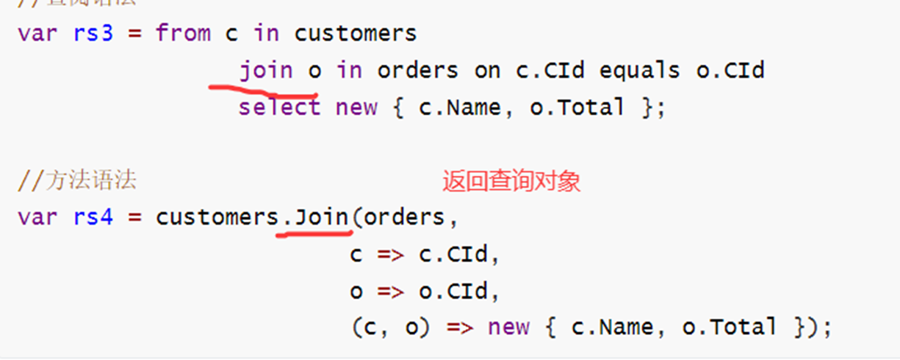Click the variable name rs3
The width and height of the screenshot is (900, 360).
pyautogui.click(x=93, y=34)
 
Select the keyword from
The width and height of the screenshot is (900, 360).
pyautogui.click(x=183, y=34)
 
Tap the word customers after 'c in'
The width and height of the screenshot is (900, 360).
pyautogui.click(x=355, y=34)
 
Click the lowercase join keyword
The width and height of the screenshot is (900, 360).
pyautogui.click(x=266, y=71)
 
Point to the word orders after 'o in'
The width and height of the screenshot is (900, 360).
pyautogui.click(x=417, y=71)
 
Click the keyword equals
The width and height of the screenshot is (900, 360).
pyautogui.click(x=639, y=71)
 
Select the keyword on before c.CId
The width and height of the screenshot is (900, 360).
pyautogui.click(x=487, y=71)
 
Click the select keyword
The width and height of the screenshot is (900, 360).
pyautogui.click(x=280, y=107)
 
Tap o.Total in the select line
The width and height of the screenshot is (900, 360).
pyautogui.click(x=577, y=107)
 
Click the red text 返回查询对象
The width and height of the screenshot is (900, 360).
pyautogui.click(x=511, y=181)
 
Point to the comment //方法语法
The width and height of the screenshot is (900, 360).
pyautogui.click(x=77, y=181)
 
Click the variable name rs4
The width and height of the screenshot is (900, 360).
pyautogui.click(x=93, y=217)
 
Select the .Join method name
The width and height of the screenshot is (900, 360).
pyautogui.click(x=316, y=217)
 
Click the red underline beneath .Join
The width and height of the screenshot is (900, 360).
pyautogui.click(x=314, y=234)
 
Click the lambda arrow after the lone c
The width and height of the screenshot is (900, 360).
pyautogui.click(x=390, y=254)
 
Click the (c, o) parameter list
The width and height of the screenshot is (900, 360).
pyautogui.click(x=390, y=327)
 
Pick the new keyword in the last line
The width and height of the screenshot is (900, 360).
pyautogui.click(x=508, y=327)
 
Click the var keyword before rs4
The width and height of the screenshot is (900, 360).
pyautogui.click(x=37, y=217)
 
